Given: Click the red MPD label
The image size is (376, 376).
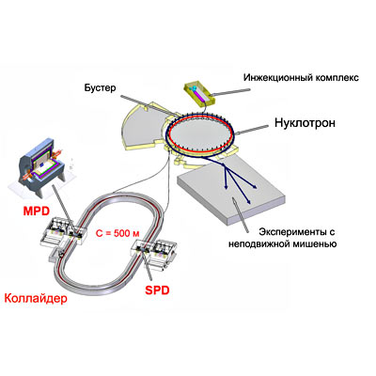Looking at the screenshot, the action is [x=37, y=211].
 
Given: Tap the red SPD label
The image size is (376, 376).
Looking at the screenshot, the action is [x=157, y=290].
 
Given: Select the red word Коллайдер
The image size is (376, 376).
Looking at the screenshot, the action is [x=36, y=298].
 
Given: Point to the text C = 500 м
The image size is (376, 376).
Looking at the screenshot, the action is [x=117, y=233].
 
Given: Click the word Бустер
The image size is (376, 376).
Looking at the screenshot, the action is [x=100, y=88].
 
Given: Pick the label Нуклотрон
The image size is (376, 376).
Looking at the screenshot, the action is [x=305, y=123].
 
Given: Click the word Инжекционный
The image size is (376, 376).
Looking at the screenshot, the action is [x=275, y=77].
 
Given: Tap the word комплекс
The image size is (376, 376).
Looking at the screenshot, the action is [x=335, y=77].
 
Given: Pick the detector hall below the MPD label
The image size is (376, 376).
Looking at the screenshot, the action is [x=63, y=231].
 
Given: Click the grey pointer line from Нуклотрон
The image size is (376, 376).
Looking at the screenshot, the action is [x=252, y=130].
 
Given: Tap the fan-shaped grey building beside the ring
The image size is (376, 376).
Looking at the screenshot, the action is [x=142, y=125].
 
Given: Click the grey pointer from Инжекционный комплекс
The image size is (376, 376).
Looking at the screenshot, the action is [x=230, y=91].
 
